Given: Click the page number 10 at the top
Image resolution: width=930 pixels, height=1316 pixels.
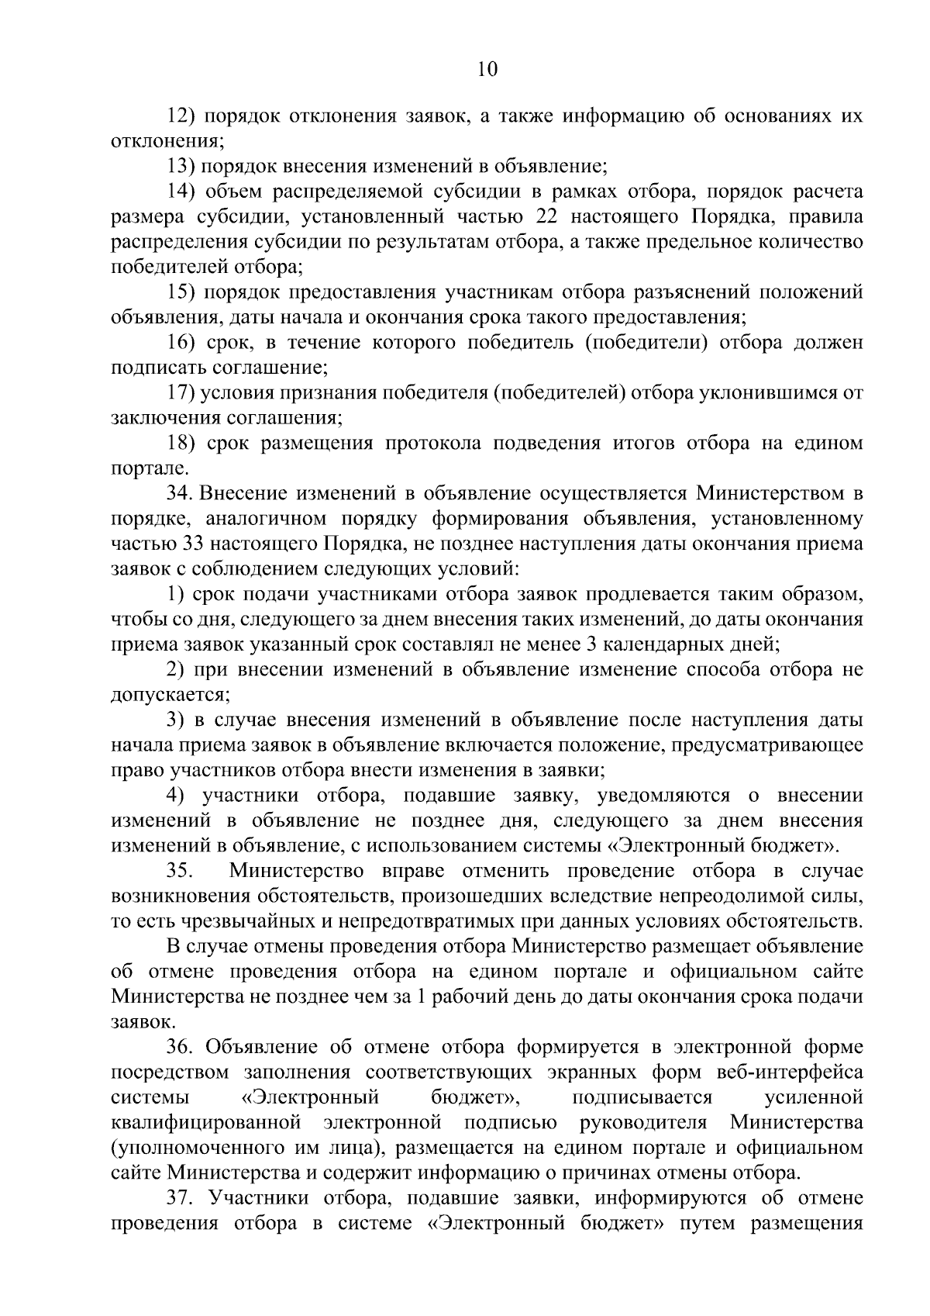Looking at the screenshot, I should coord(487,69).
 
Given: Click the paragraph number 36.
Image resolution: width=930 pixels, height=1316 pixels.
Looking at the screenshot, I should coord(181,1048).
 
